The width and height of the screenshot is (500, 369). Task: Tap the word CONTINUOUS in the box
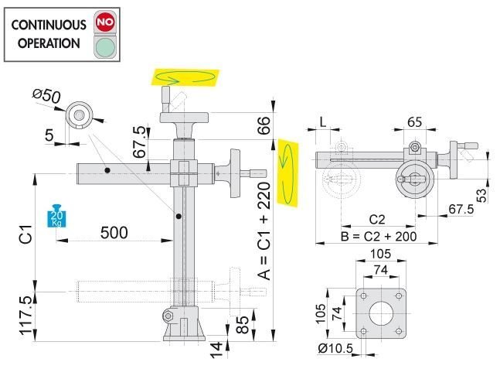click(x=47, y=23)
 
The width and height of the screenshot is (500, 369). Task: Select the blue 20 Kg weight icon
click(x=56, y=216)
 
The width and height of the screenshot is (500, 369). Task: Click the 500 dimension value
click(x=114, y=233)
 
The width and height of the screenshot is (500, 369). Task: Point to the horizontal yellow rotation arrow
click(x=185, y=77)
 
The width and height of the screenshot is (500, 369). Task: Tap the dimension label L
click(x=322, y=122)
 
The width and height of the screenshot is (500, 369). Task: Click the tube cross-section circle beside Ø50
click(x=79, y=114)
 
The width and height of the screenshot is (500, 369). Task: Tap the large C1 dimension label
click(x=24, y=231)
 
